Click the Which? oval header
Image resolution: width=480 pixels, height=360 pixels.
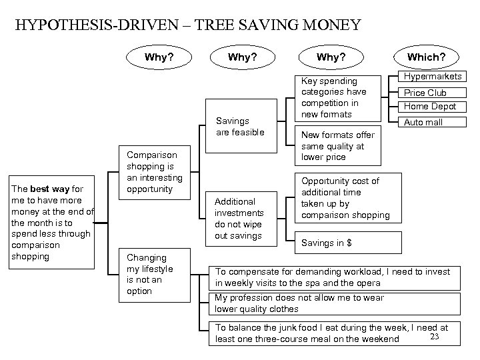(x=427, y=57)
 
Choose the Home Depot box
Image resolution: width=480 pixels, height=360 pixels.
(x=430, y=107)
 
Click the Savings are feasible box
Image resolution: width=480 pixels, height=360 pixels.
(x=241, y=127)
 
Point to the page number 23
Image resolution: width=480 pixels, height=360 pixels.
(x=435, y=336)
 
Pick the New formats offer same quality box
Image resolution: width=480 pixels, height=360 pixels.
(x=338, y=146)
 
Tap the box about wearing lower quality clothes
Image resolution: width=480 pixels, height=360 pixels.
(x=336, y=303)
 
